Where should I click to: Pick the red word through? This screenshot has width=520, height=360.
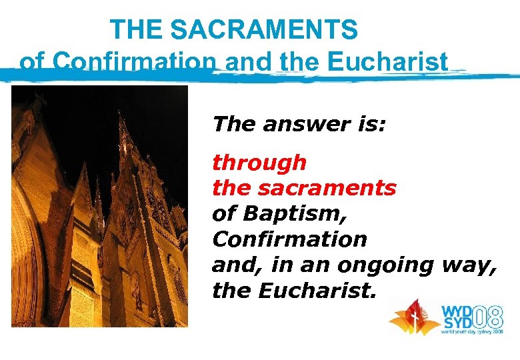tap(259, 163)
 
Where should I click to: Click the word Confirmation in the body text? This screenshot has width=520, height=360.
tap(289, 239)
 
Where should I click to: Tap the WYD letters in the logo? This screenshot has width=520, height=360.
tap(455, 309)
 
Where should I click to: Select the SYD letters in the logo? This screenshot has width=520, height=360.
tap(455, 322)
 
